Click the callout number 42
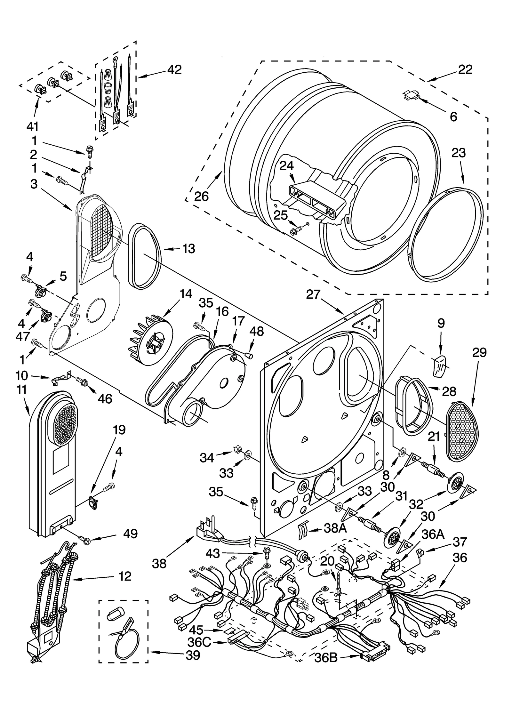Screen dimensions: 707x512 coord(174,69)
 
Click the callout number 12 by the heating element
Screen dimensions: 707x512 coord(125,576)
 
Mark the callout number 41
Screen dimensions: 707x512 coord(32,126)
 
